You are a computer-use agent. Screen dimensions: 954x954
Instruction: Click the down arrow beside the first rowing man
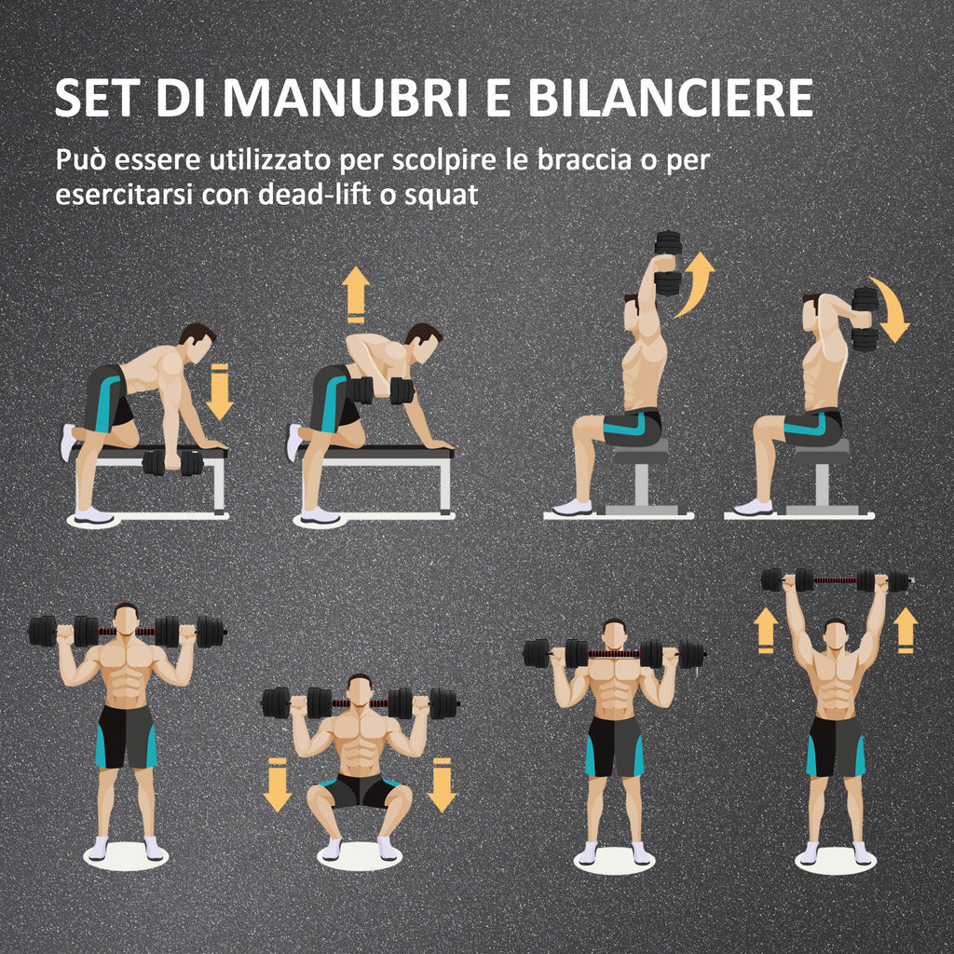(219, 391)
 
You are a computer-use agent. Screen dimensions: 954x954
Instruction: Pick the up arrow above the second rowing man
(354, 293)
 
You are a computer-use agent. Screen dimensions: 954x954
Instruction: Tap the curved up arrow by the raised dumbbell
(697, 283)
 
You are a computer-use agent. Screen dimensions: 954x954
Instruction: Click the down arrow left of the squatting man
(277, 784)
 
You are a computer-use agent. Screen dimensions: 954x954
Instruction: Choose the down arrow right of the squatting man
(441, 784)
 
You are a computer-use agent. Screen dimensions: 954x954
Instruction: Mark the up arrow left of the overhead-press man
(767, 630)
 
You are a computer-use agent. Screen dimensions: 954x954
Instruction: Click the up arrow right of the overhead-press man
(905, 630)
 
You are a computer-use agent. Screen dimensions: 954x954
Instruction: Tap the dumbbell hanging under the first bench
(172, 462)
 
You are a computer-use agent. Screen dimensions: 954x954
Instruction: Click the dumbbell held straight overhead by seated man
(668, 263)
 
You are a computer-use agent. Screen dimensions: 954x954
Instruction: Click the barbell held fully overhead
(835, 580)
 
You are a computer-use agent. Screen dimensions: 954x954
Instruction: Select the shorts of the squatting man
(361, 791)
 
